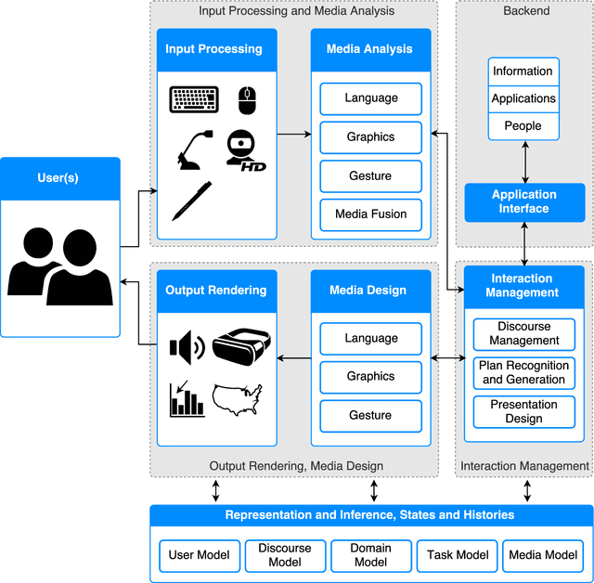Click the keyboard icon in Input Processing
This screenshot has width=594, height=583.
pos(194,98)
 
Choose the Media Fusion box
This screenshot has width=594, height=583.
pos(370,214)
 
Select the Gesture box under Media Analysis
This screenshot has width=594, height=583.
pos(370,175)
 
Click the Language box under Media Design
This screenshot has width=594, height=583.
pos(370,339)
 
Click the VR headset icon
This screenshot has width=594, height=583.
pos(241,347)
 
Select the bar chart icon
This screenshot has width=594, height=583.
pos(187,399)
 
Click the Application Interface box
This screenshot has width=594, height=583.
pos(524,202)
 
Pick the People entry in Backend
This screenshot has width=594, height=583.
pos(523,126)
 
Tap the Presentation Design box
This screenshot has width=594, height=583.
pos(524,411)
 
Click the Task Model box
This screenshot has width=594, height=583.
pos(458,555)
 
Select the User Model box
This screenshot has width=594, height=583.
pos(199,555)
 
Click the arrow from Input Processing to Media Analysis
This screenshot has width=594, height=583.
pos(293,135)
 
